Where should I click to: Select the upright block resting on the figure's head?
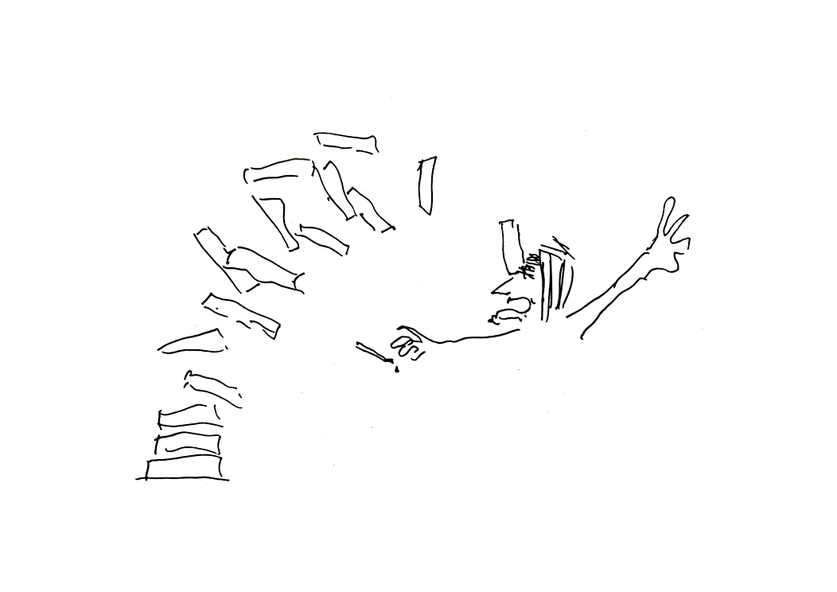tap(509, 242)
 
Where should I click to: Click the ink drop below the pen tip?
tap(395, 368)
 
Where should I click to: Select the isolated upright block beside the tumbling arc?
tap(427, 185)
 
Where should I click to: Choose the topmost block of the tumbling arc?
tap(347, 143)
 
